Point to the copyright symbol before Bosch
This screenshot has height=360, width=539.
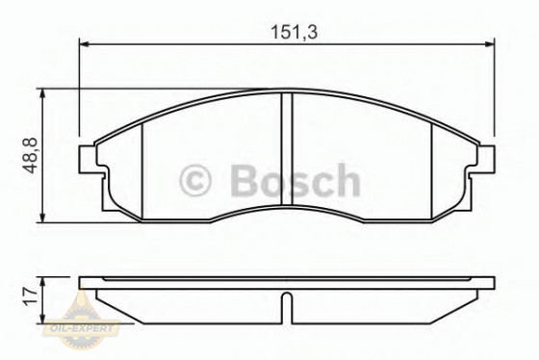coord(195,181)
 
